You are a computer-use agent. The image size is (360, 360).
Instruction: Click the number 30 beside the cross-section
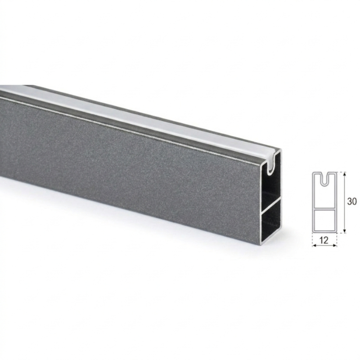352,201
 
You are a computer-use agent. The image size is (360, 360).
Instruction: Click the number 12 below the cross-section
324,240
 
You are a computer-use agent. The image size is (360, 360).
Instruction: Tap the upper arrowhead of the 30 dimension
344,174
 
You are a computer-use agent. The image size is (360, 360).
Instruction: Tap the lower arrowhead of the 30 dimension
344,230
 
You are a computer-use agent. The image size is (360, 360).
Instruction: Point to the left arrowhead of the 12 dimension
314,246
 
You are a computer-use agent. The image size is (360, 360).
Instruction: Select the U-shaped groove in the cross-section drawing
324,179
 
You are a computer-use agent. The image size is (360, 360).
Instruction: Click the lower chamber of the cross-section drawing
324,220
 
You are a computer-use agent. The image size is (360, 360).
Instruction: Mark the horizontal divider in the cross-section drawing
324,209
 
